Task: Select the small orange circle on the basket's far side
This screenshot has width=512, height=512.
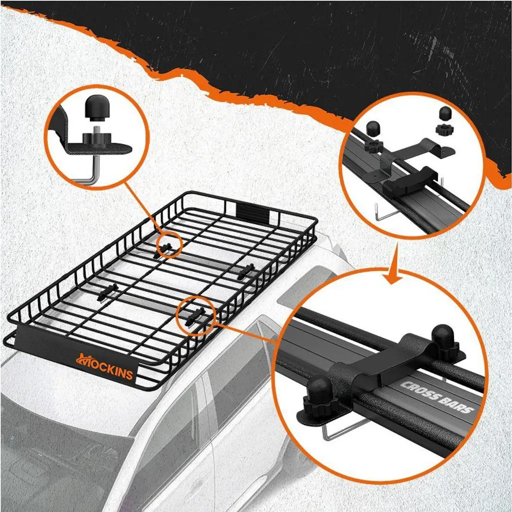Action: tap(168, 245)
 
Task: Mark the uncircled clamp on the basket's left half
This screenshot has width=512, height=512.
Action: tap(108, 292)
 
